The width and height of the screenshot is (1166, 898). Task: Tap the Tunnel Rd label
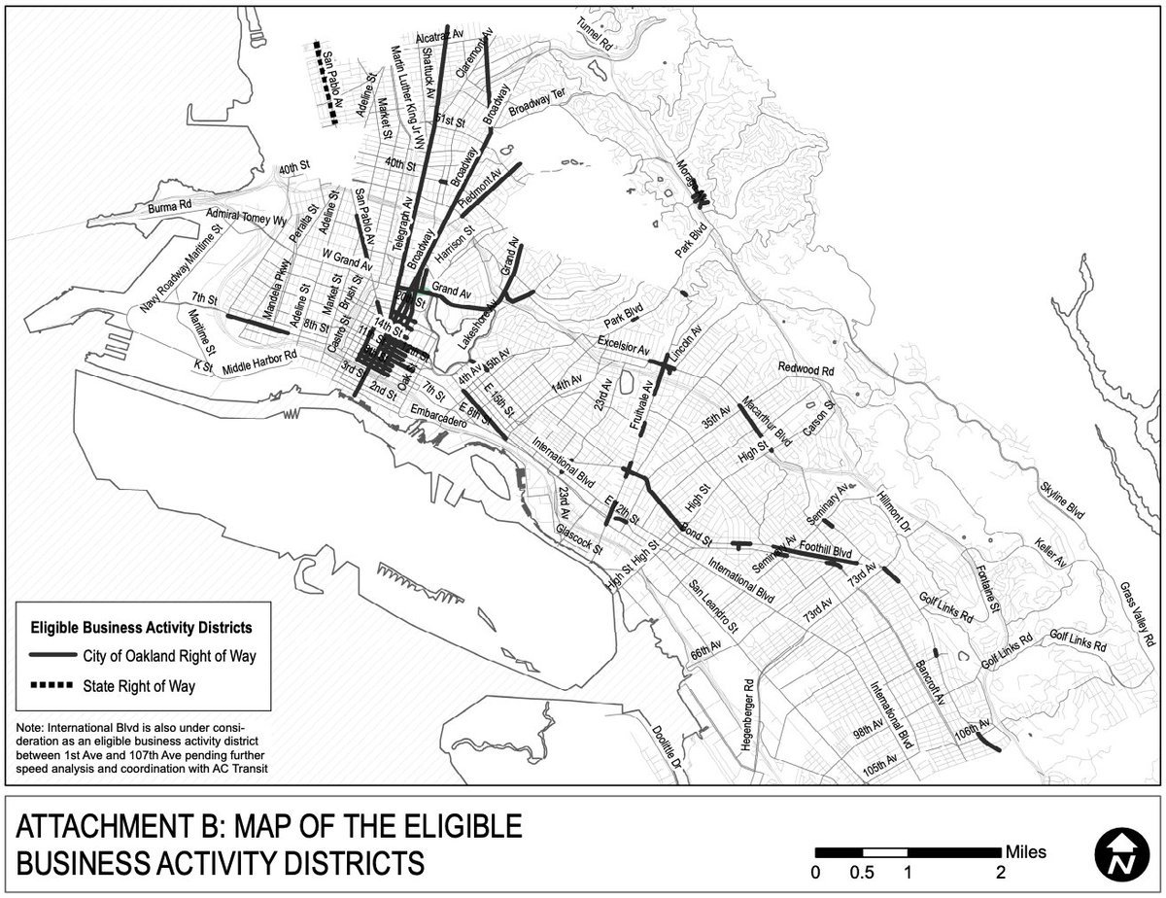pos(595,34)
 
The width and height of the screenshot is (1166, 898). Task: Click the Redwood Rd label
pos(806,369)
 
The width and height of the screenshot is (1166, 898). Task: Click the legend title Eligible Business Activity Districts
pos(143,626)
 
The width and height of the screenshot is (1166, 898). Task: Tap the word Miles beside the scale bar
pos(1027,852)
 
